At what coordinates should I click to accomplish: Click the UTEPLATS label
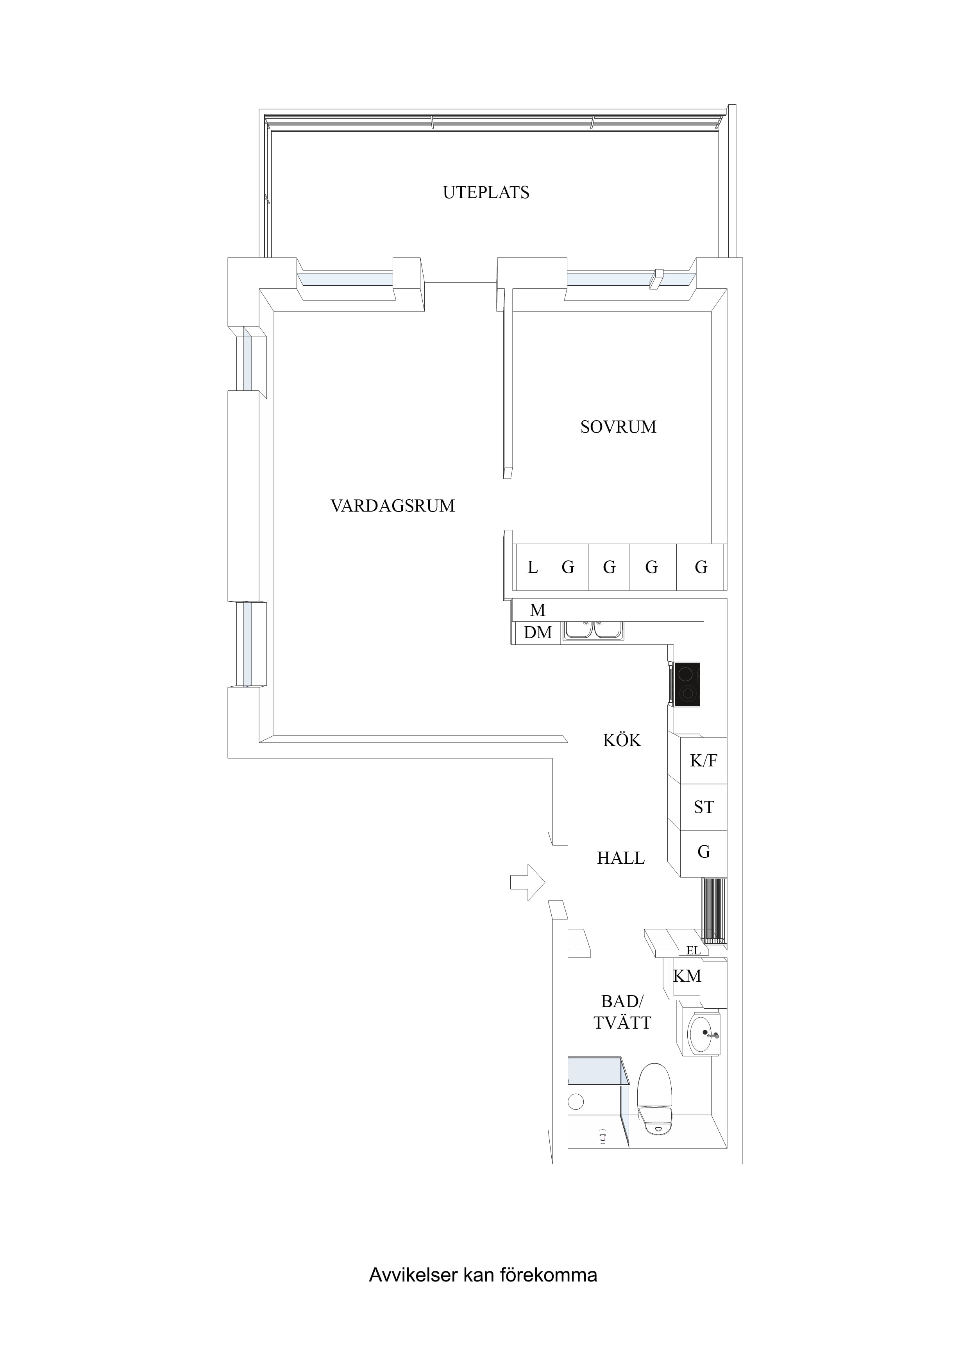coord(486,192)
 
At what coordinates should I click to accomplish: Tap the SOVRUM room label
coord(618,426)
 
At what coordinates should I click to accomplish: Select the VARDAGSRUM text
coord(392,506)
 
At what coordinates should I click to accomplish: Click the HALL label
coord(621,858)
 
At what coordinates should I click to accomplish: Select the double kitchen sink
coord(594,631)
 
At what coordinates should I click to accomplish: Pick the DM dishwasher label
coord(537,632)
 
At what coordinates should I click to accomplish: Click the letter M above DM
coord(537,610)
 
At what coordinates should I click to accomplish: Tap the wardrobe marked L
coord(532,567)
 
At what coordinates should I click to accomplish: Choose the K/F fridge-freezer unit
coord(703,760)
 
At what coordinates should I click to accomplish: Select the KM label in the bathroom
coord(687,976)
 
